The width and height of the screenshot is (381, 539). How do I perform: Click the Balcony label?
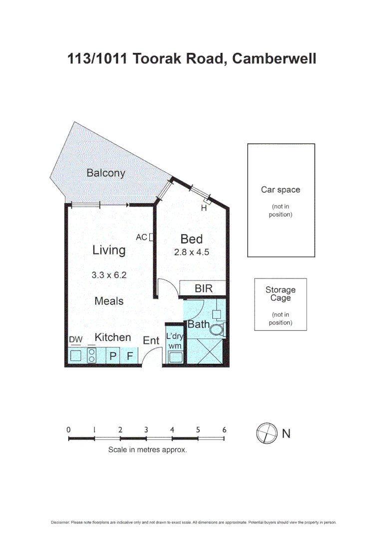[x=105, y=173]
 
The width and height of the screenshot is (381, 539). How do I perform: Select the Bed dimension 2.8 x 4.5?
[x=191, y=252]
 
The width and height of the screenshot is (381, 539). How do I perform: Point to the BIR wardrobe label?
[x=203, y=288]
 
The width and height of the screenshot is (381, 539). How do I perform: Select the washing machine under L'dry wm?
[x=175, y=356]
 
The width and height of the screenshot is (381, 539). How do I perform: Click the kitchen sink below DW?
[x=76, y=356]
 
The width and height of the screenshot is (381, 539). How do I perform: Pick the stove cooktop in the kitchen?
[x=92, y=355]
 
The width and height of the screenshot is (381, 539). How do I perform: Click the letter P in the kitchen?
[x=113, y=356]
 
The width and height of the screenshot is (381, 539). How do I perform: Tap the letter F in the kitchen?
[x=130, y=356]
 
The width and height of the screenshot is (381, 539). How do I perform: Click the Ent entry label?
[x=151, y=341]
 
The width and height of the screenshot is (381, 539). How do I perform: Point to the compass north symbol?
[x=266, y=433]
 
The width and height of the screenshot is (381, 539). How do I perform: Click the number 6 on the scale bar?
[x=224, y=430]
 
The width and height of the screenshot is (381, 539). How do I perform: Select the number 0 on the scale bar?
[x=68, y=430]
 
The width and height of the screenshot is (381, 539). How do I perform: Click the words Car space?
[x=281, y=190]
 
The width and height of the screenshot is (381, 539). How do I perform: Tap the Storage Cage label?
[x=280, y=294]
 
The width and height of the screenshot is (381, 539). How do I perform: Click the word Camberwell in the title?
[x=274, y=59]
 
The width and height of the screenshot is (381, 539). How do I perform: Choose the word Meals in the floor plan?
[x=109, y=301]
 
